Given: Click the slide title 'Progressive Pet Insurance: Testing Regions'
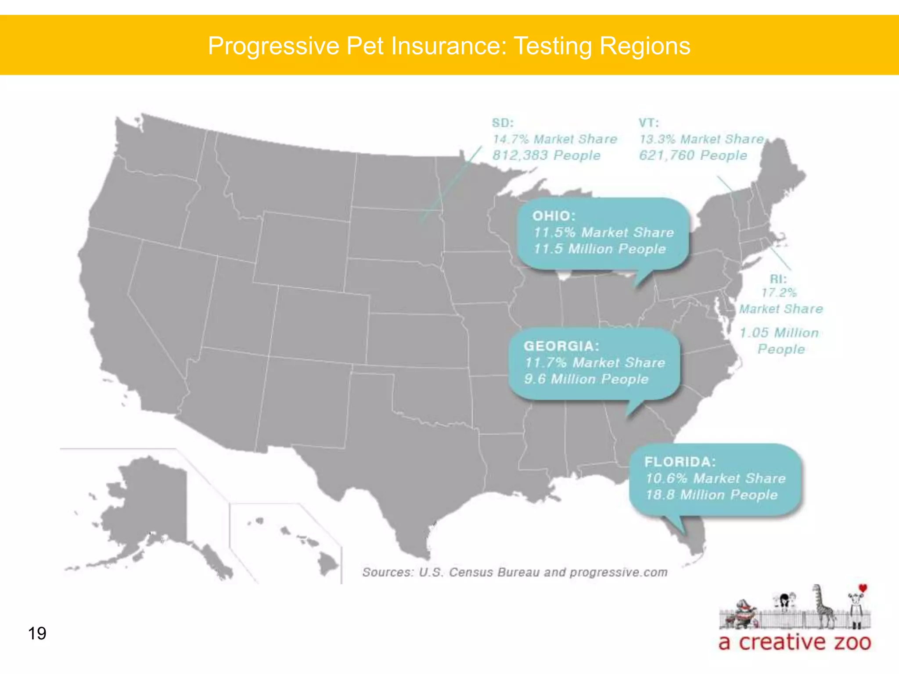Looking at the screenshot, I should [449, 46].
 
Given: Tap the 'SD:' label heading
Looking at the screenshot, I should [503, 123].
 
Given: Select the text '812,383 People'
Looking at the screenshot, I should [546, 155].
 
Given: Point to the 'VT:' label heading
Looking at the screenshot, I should [649, 123].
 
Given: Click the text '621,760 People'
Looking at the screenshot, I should [693, 155].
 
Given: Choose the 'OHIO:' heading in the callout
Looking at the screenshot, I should [554, 216].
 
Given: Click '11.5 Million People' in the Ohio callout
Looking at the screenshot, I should [600, 249].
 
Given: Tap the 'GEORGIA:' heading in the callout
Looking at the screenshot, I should [561, 346].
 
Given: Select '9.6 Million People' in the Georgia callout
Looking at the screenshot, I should [586, 379].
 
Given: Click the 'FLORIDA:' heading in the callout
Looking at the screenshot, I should [680, 462].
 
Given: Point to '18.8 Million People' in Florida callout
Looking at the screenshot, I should [711, 495].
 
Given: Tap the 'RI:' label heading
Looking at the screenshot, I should [778, 279].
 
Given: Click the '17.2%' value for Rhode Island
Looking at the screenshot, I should [779, 293].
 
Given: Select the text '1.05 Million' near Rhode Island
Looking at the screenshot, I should [779, 333].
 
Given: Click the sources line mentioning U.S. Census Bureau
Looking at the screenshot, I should [514, 572].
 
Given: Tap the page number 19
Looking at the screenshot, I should [37, 634].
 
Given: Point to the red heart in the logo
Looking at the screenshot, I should [863, 588].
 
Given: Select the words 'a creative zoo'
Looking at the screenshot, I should [795, 642].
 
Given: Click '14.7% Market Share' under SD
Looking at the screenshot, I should [555, 139].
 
